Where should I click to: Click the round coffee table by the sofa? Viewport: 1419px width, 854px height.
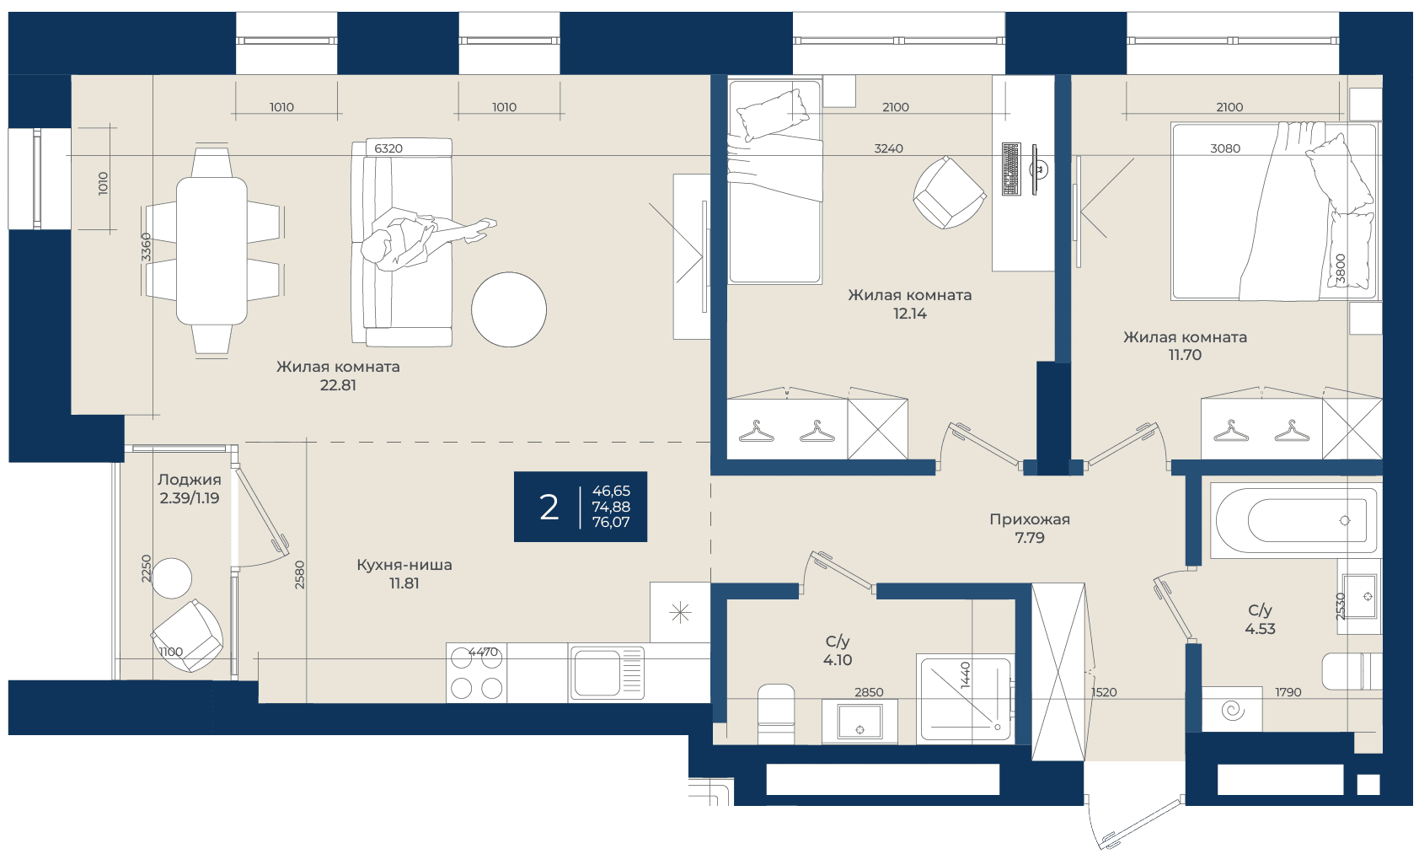[509, 309]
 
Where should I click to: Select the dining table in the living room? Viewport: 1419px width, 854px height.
[212, 251]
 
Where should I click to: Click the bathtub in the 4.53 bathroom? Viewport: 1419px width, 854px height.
[1295, 520]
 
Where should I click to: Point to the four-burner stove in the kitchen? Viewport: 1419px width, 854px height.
[476, 673]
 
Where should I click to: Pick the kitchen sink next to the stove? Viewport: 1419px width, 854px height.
[607, 673]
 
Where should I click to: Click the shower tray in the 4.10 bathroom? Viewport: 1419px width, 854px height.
[965, 699]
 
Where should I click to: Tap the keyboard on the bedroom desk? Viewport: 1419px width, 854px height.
[1011, 169]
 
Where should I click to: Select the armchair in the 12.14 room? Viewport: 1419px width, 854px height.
[948, 192]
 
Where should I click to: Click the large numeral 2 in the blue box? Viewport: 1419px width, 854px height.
[549, 508]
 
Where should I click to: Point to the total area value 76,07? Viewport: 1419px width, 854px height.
[611, 523]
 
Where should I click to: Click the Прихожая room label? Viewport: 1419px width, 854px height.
[1030, 519]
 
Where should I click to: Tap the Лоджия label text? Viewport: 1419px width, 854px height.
[190, 480]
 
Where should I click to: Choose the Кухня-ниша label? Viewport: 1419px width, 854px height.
[404, 565]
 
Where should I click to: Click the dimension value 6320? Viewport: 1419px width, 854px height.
[388, 148]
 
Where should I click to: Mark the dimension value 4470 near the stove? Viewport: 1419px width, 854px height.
[483, 651]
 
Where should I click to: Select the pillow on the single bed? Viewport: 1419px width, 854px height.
[772, 115]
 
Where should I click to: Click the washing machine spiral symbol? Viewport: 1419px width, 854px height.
[1232, 710]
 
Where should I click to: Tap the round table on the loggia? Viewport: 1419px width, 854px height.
[171, 578]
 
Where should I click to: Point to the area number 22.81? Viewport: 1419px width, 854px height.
[338, 385]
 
